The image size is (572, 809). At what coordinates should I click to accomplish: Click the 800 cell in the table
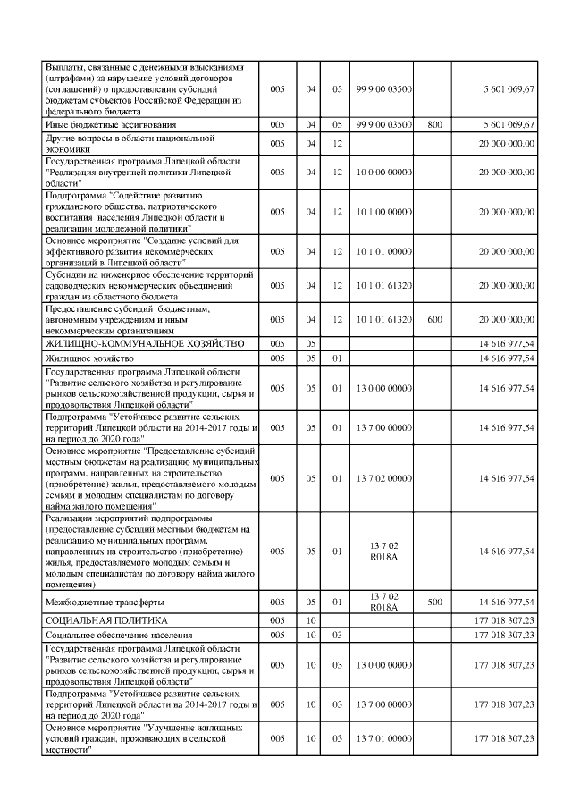[434, 124]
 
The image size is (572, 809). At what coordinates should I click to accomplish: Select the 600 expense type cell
[434, 318]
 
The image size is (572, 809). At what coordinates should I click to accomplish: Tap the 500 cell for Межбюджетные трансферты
[434, 602]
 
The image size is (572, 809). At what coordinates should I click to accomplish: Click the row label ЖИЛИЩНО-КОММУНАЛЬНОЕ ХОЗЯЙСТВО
[119, 343]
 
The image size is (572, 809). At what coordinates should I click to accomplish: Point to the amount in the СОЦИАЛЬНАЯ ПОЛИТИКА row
[505, 619]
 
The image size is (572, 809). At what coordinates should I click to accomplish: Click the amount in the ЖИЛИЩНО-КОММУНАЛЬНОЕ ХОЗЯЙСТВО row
[505, 343]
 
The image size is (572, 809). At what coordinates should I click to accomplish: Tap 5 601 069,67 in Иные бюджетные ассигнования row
[505, 124]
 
